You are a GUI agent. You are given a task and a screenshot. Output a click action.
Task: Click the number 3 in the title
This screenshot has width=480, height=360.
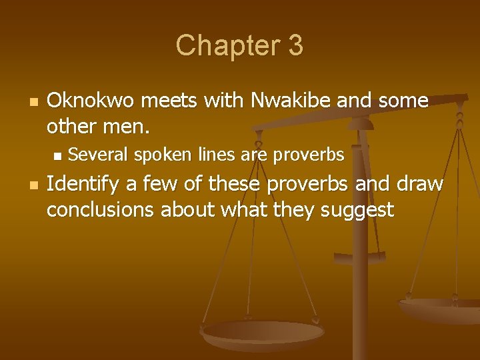(x=296, y=45)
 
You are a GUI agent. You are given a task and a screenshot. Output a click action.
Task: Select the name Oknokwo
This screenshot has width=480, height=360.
(x=90, y=101)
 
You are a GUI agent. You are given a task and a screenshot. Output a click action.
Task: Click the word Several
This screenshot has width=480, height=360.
(x=99, y=155)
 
